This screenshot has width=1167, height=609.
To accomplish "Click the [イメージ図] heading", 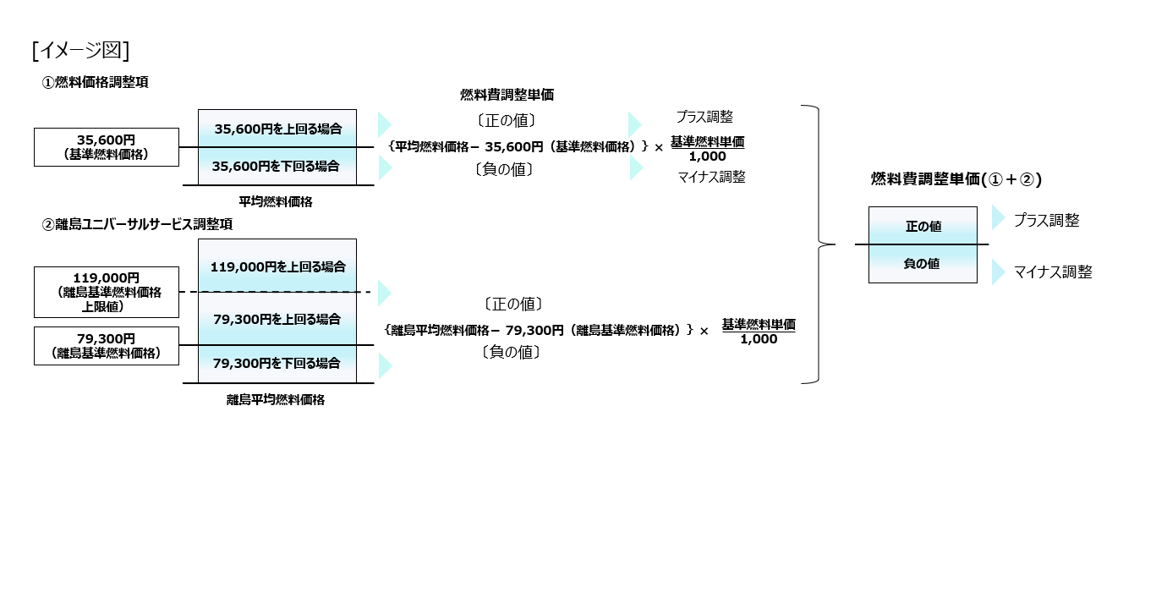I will click(80, 52).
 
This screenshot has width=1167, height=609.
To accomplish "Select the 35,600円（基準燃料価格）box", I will click(107, 147).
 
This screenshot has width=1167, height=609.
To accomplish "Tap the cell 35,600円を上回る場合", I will click(277, 129).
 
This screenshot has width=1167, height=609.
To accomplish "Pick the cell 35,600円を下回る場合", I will click(277, 167).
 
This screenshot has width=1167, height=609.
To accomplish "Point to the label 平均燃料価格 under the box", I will click(276, 201).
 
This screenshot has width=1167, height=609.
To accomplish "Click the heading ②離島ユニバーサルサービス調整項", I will click(137, 225).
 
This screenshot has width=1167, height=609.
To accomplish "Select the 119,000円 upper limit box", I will click(107, 292).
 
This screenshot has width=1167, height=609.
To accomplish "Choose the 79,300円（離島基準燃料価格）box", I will click(107, 346).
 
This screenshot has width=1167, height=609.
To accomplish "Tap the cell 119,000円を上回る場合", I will click(277, 266).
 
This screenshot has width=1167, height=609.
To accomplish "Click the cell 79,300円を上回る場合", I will click(277, 319).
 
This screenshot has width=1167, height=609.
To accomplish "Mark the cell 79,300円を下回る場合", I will click(277, 364).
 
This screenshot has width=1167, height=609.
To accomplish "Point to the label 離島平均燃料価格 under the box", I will click(276, 400).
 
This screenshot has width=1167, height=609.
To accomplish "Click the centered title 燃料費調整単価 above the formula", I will click(507, 95).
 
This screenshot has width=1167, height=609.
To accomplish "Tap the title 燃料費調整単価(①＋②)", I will click(956, 179).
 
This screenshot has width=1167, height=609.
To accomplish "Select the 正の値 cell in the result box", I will click(923, 227).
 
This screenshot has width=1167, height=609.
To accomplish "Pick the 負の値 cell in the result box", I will click(923, 264).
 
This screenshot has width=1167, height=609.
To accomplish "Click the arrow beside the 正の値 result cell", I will click(998, 219).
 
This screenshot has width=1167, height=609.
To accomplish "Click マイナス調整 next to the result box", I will click(1053, 272).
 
